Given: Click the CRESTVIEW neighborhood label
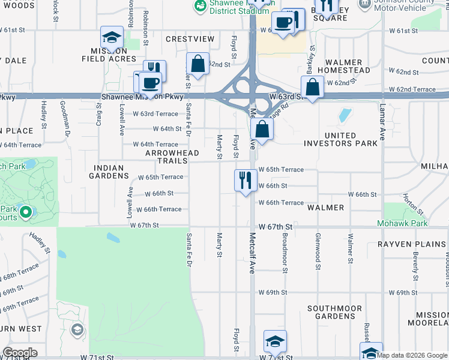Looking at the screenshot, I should pyautogui.click(x=190, y=39).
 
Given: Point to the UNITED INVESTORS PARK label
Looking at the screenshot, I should pyautogui.click(x=341, y=139).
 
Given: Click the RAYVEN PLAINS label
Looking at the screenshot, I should pyautogui.click(x=411, y=244).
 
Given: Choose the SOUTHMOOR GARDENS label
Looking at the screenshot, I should pyautogui.click(x=334, y=312).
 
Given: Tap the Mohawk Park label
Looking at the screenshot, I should pyautogui.click(x=402, y=224).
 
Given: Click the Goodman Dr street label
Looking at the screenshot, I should pyautogui.click(x=63, y=114).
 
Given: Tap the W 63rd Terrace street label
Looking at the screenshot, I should pyautogui.click(x=155, y=113).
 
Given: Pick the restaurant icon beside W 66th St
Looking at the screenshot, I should pyautogui.click(x=246, y=180).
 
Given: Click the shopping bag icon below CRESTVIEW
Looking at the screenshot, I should pyautogui.click(x=197, y=64).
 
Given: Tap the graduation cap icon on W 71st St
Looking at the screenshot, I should pyautogui.click(x=274, y=342).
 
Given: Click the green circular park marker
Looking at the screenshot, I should pyautogui.click(x=25, y=212).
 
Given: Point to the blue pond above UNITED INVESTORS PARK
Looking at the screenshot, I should pyautogui.click(x=345, y=115).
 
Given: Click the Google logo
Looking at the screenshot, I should pyautogui.click(x=20, y=353).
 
